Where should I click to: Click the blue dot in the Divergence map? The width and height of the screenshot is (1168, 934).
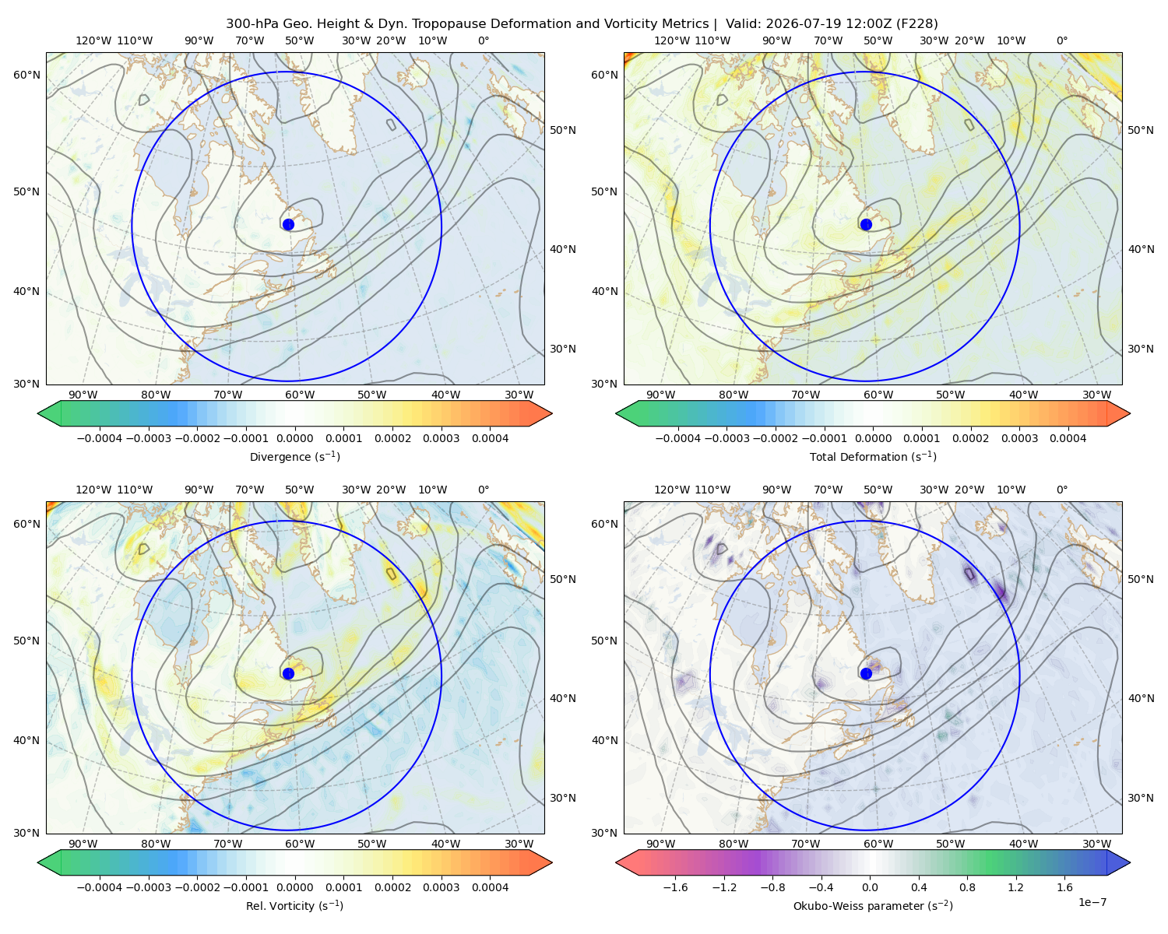point(288,224)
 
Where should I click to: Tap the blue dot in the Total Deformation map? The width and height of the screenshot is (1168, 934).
point(866,224)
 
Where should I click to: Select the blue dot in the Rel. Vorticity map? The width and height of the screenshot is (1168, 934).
point(288,673)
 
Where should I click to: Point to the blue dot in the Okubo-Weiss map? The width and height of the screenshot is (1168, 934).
point(866,673)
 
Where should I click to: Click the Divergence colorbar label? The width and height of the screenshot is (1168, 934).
point(294,457)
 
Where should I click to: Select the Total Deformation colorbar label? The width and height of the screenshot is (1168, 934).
point(873,457)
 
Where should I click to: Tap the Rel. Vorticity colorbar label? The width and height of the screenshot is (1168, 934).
point(294,906)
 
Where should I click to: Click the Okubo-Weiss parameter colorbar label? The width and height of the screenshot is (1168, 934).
point(873,906)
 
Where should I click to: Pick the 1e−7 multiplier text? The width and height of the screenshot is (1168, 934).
point(1092,902)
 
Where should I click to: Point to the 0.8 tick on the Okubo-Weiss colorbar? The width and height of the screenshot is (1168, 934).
point(967,887)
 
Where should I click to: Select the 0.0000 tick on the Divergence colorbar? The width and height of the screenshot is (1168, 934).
point(294,438)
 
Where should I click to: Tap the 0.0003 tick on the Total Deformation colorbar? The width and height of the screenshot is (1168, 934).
point(1019,438)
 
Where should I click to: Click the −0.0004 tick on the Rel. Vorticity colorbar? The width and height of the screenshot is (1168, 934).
point(100,887)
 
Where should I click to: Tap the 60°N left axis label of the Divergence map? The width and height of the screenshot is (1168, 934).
point(26,75)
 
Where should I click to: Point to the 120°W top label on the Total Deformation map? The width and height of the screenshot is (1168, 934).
point(672,40)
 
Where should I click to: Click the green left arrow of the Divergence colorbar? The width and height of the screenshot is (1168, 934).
point(50,413)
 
